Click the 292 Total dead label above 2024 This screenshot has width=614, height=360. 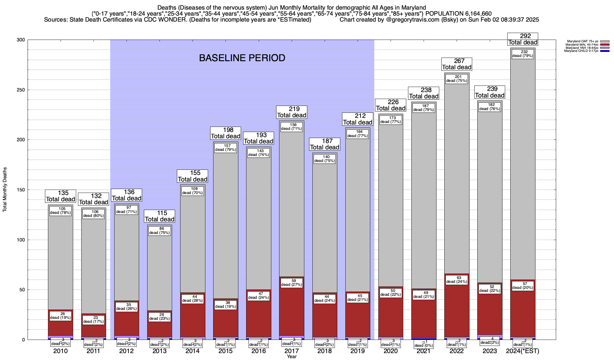[523, 39]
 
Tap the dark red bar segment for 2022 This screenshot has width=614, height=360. [457, 309]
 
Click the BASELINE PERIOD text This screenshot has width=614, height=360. [242, 58]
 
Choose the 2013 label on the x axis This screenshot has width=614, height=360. [159, 351]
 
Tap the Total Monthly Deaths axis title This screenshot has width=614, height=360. [5, 190]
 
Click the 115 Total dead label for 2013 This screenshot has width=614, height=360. [159, 216]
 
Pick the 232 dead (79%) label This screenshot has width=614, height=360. [523, 54]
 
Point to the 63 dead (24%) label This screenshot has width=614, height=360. [457, 280]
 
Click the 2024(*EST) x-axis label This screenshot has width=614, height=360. [523, 351]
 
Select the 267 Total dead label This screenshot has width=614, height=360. [457, 64]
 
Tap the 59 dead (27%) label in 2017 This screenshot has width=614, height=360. [291, 283]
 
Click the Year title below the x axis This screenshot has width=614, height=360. [291, 357]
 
